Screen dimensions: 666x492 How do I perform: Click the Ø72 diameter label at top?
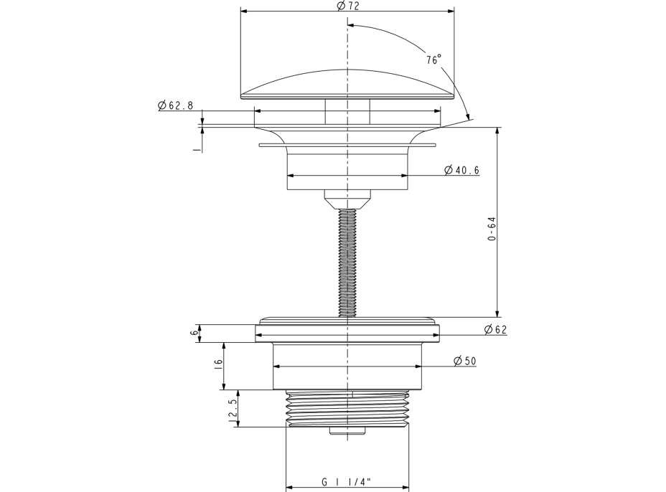tap(347, 6)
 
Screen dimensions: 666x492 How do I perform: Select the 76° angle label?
tap(434, 60)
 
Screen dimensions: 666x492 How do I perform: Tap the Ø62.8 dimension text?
tap(175, 105)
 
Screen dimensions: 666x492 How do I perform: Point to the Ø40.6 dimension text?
tap(461, 170)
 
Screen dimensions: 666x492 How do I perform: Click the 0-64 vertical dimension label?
tap(492, 230)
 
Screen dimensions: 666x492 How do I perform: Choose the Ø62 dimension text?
tap(495, 329)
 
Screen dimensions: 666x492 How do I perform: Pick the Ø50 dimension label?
tap(464, 361)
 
